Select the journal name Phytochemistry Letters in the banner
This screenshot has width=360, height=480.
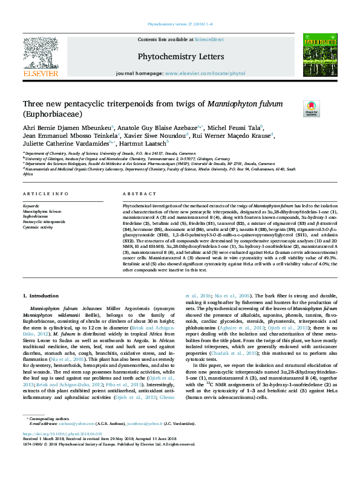click(181, 56)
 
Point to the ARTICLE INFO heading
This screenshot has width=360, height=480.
click(45, 193)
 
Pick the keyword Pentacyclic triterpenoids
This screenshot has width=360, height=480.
click(44, 222)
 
